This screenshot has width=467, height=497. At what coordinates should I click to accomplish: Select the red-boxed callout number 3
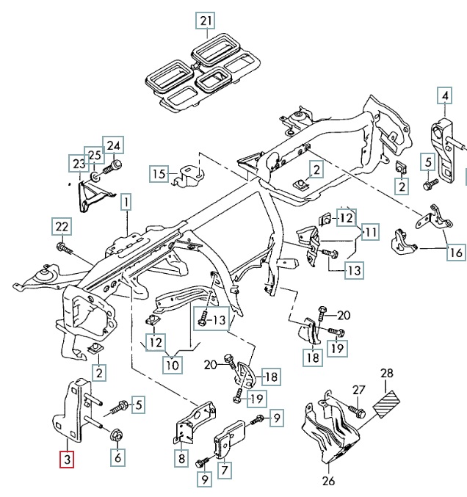(67, 460)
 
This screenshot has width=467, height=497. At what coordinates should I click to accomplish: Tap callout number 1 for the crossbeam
(126, 200)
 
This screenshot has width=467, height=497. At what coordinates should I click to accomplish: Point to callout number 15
(159, 174)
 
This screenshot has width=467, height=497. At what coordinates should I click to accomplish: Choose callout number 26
(327, 482)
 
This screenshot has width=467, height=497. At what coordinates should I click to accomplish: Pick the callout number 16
(456, 253)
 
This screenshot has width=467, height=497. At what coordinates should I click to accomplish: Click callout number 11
(371, 233)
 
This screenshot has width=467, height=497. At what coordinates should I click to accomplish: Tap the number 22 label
(62, 226)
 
